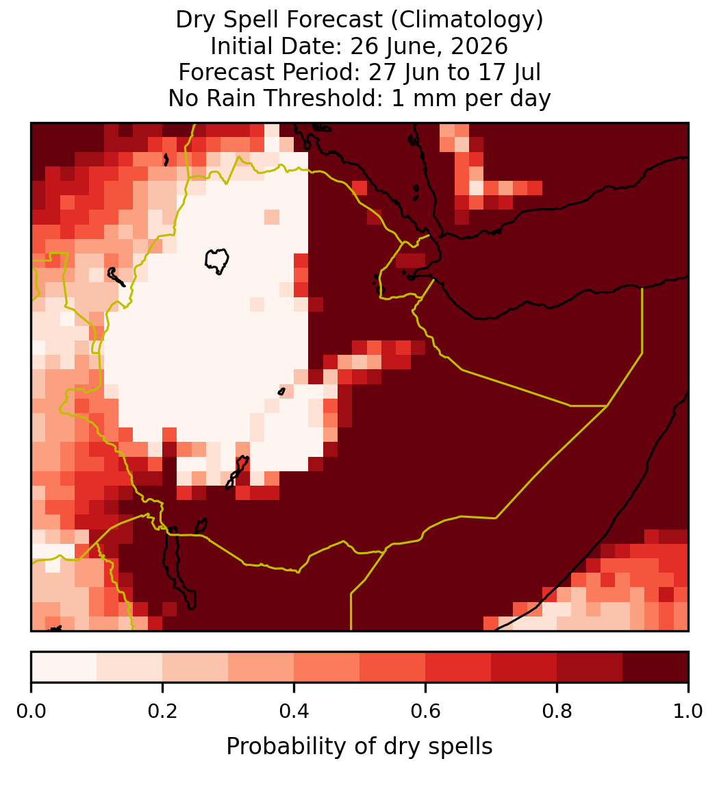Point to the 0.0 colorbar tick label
pos(31,712)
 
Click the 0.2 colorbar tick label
pos(162,712)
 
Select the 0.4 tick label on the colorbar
pos(294,712)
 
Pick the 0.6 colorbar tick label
pos(426,712)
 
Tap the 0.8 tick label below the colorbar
pos(557,712)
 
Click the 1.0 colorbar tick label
pos(688,712)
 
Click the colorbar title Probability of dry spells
pos(359,747)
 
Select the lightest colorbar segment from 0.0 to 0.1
pos(64,667)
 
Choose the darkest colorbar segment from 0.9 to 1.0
pos(655,667)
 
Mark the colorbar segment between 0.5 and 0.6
pos(393,667)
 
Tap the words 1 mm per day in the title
pos(471,98)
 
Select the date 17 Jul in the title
pos(509,72)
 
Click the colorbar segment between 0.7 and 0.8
pos(525,667)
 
